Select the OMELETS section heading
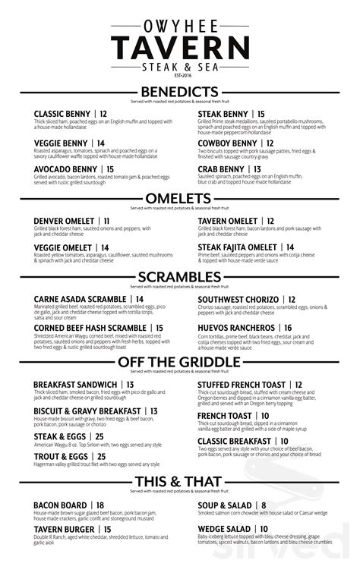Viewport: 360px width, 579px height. [180, 199]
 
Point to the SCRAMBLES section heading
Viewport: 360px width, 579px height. [180, 276]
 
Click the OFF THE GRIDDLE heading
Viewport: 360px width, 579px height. [180, 363]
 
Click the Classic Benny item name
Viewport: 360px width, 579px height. [63, 115]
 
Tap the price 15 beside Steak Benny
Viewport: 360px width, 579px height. [261, 115]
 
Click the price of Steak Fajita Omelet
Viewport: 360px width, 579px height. [289, 247]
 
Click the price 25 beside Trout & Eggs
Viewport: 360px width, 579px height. [101, 456]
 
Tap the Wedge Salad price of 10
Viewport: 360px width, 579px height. [264, 529]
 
